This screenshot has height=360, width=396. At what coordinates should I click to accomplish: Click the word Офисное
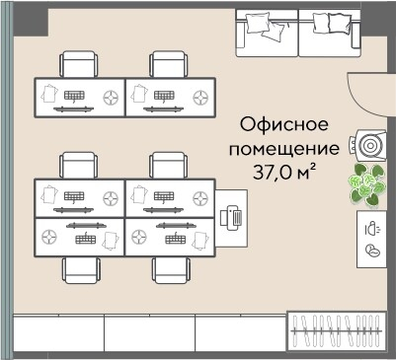pyautogui.click(x=284, y=126)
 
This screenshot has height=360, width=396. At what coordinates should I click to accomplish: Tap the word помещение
pyautogui.click(x=284, y=150)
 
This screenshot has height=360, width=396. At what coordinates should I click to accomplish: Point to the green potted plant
pyautogui.click(x=370, y=184)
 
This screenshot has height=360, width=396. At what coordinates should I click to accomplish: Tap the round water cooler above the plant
pyautogui.click(x=370, y=145)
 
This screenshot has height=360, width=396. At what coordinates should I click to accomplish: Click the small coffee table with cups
pyautogui.click(x=371, y=238)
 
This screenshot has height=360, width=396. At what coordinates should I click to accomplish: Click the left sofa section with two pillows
pyautogui.click(x=265, y=33)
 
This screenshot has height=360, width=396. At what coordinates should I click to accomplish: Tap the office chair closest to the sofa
pyautogui.click(x=169, y=65)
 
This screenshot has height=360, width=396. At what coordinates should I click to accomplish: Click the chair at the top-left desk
pyautogui.click(x=80, y=65)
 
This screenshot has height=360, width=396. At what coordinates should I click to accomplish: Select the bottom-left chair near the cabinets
pyautogui.click(x=80, y=270)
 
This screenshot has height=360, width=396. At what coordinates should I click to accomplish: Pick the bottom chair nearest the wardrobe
pyautogui.click(x=169, y=270)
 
